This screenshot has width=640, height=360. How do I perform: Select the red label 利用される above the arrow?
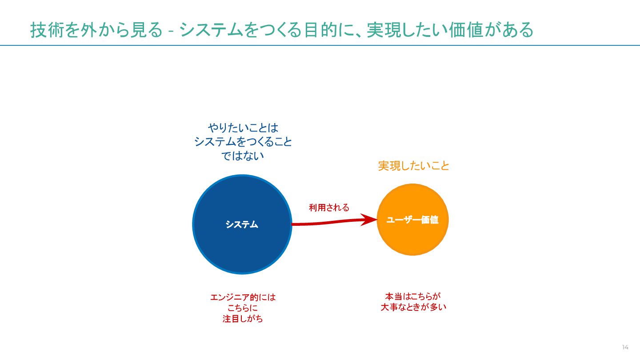(x=329, y=208)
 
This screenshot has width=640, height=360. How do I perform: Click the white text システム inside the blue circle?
(x=242, y=224)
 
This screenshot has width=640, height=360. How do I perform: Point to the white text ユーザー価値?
(x=412, y=220)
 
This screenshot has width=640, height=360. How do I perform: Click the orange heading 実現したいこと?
(x=414, y=166)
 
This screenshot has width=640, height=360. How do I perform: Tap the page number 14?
(x=625, y=347)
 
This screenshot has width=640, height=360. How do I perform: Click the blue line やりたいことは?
(x=243, y=128)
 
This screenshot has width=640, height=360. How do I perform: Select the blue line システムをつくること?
(x=243, y=142)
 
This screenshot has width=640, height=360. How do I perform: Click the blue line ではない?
(x=243, y=156)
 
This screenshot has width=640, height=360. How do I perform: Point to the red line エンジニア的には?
(x=243, y=297)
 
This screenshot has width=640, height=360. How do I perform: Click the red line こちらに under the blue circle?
(x=243, y=308)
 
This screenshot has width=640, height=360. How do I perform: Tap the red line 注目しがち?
(x=243, y=319)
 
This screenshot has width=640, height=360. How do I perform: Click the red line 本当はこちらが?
(x=413, y=296)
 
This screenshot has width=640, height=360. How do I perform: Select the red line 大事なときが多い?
(x=413, y=307)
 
